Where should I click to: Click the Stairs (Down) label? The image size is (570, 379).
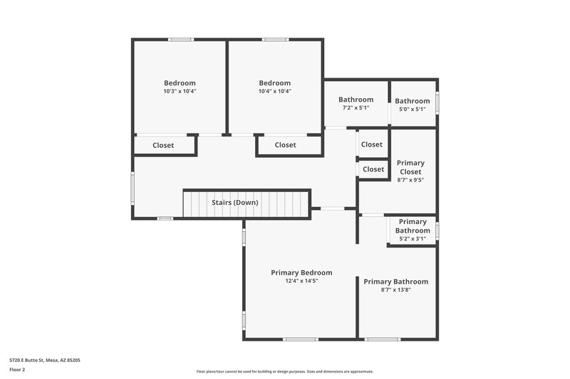pyautogui.click(x=234, y=202)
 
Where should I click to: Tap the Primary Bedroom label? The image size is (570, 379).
pyautogui.click(x=301, y=272)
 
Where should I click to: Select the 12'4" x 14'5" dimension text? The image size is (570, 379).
pyautogui.click(x=301, y=281)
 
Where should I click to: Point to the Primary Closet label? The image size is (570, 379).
pyautogui.click(x=410, y=167)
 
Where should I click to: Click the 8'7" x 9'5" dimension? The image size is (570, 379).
pyautogui.click(x=410, y=180)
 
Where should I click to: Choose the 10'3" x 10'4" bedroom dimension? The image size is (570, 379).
pyautogui.click(x=180, y=91)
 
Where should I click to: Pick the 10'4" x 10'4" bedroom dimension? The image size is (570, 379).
pyautogui.click(x=274, y=91)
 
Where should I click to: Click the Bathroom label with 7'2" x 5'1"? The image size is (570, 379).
pyautogui.click(x=356, y=100)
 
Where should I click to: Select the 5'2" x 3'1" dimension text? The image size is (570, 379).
pyautogui.click(x=413, y=239)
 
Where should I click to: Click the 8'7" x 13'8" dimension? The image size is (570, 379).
pyautogui.click(x=395, y=289)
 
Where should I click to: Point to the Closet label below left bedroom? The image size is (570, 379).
pyautogui.click(x=163, y=145)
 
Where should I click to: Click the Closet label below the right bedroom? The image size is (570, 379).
pyautogui.click(x=285, y=145)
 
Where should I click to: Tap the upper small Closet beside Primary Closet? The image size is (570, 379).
pyautogui.click(x=372, y=144)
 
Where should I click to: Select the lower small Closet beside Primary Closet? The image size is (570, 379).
pyautogui.click(x=373, y=169)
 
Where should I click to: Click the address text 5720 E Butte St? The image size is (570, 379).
pyautogui.click(x=44, y=361)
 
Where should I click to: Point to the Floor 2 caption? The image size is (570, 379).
pyautogui.click(x=16, y=370)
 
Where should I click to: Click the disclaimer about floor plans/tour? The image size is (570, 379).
pyautogui.click(x=284, y=371)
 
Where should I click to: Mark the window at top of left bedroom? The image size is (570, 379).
pyautogui.click(x=181, y=39)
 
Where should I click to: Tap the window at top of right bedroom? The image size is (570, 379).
pyautogui.click(x=274, y=39)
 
